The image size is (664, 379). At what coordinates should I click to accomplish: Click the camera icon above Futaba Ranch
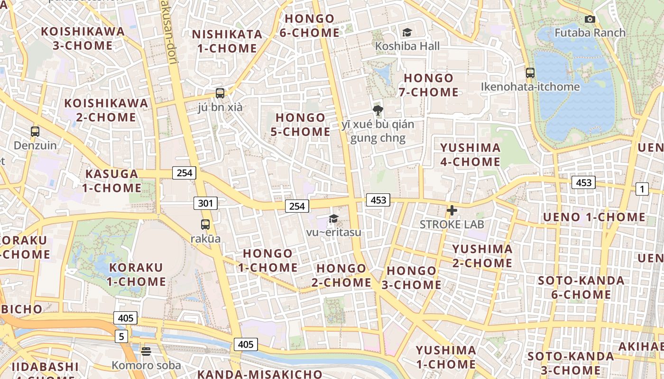point(590,19)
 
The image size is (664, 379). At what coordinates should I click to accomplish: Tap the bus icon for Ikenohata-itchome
point(530,73)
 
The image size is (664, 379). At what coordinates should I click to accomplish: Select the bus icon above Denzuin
point(35,131)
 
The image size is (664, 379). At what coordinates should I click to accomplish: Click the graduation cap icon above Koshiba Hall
point(406,32)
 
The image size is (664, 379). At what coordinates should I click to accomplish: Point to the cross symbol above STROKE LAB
point(452,210)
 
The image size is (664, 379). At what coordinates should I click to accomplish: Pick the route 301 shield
point(205,203)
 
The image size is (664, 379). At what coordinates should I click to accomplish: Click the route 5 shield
point(121,336)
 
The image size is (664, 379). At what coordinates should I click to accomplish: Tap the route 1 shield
point(642,189)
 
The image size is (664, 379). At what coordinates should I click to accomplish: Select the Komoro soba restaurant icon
point(146,351)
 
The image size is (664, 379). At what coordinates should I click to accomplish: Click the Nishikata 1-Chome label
point(227,41)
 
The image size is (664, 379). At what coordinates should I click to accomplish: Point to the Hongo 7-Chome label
point(429,85)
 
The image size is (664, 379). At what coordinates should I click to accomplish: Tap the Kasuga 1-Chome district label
point(111,180)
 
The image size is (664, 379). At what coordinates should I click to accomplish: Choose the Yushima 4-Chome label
point(470,154)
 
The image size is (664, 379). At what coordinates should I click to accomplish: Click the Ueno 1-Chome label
point(594,217)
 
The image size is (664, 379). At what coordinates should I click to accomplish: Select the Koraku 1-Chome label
point(136,274)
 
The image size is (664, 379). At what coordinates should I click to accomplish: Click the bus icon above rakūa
point(205,225)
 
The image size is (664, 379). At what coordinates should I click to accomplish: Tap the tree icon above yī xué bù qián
point(378,111)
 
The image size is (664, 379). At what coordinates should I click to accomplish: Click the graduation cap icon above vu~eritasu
point(333,218)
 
